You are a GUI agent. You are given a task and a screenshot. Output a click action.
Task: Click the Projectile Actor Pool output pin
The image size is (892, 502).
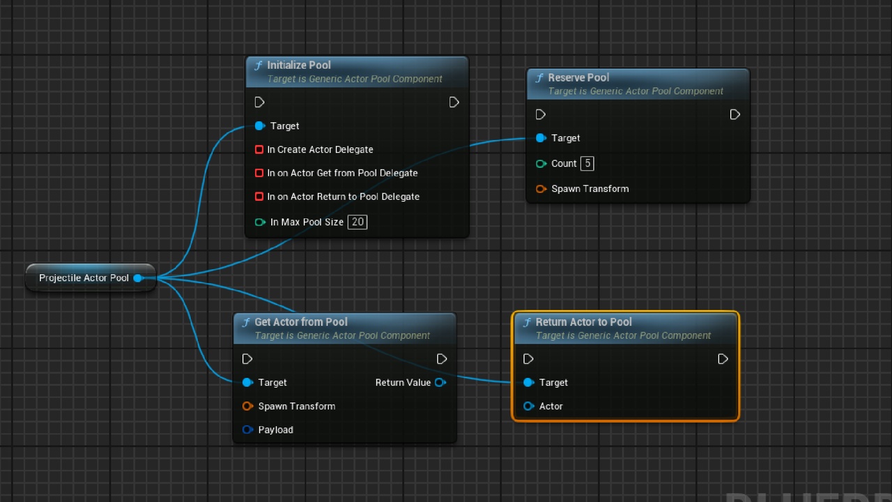pos(138,278)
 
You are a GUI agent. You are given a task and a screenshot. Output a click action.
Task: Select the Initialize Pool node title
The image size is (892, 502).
pos(299,65)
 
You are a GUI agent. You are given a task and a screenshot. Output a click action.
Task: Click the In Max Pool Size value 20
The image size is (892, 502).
pos(357,222)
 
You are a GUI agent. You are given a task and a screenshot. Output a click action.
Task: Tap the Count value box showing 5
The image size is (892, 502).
pos(587,163)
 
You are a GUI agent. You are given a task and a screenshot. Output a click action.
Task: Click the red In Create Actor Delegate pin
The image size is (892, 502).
pos(259,149)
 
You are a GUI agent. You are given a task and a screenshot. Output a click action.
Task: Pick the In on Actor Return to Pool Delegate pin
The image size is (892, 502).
pos(259,197)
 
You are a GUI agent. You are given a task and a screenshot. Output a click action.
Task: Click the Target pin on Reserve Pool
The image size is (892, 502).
pos(541,138)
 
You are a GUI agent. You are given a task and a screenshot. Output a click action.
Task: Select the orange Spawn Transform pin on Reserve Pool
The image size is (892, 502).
pos(541,189)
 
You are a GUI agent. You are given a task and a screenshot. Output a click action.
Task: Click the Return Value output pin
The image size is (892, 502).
pos(440,383)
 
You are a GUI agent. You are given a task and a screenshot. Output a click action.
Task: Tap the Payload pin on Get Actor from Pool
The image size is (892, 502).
pos(247,429)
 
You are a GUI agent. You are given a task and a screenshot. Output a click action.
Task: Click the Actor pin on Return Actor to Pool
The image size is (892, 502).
pos(528,406)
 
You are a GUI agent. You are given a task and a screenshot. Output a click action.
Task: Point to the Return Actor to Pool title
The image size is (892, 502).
pos(583,322)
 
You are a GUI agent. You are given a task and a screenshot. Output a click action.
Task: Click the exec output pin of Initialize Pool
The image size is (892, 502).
pos(454,102)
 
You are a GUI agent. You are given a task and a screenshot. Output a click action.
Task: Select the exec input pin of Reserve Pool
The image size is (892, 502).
pos(540,115)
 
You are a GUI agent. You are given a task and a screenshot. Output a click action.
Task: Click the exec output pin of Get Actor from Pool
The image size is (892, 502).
pos(442,359)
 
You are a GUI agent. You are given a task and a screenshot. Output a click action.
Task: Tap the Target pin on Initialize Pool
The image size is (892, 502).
pos(260,126)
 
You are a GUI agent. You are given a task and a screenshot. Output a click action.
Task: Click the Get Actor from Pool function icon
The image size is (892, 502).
pos(247,322)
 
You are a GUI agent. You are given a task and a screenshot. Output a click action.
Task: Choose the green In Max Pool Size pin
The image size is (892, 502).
pos(260,222)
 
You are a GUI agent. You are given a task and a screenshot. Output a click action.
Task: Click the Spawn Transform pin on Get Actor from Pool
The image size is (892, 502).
pos(247,406)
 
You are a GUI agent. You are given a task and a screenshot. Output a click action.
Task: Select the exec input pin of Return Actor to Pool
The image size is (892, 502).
pos(528,359)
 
